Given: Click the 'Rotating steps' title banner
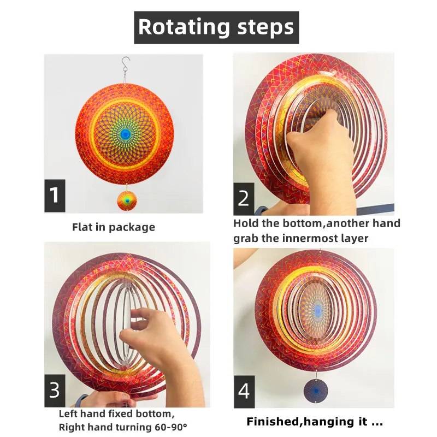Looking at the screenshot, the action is click(216, 27).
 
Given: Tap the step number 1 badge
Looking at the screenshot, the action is click(55, 195).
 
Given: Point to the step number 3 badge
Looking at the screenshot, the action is click(55, 391).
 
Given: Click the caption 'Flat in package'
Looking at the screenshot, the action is click(114, 227).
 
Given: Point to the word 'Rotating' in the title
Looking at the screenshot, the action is click(175, 27).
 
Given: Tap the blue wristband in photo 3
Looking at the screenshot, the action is click(82, 400).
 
